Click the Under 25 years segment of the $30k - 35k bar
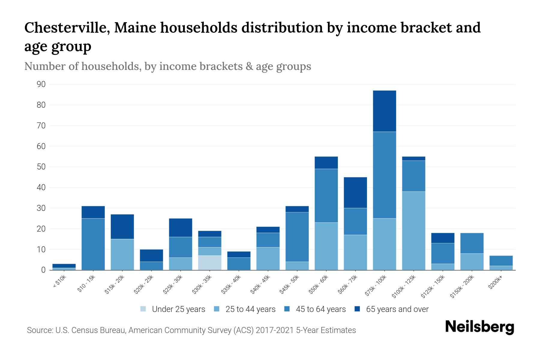click(210, 262)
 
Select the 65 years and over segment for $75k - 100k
click(384, 111)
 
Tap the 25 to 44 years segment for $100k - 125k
click(413, 230)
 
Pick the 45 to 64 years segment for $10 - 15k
click(93, 244)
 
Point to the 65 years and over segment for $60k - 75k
click(355, 192)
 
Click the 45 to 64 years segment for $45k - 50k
click(297, 237)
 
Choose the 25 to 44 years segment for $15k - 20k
click(122, 254)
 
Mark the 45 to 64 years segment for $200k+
click(501, 260)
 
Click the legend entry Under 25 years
click(178, 309)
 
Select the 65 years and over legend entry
click(397, 309)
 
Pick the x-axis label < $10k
click(59, 282)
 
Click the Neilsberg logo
click(479, 327)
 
